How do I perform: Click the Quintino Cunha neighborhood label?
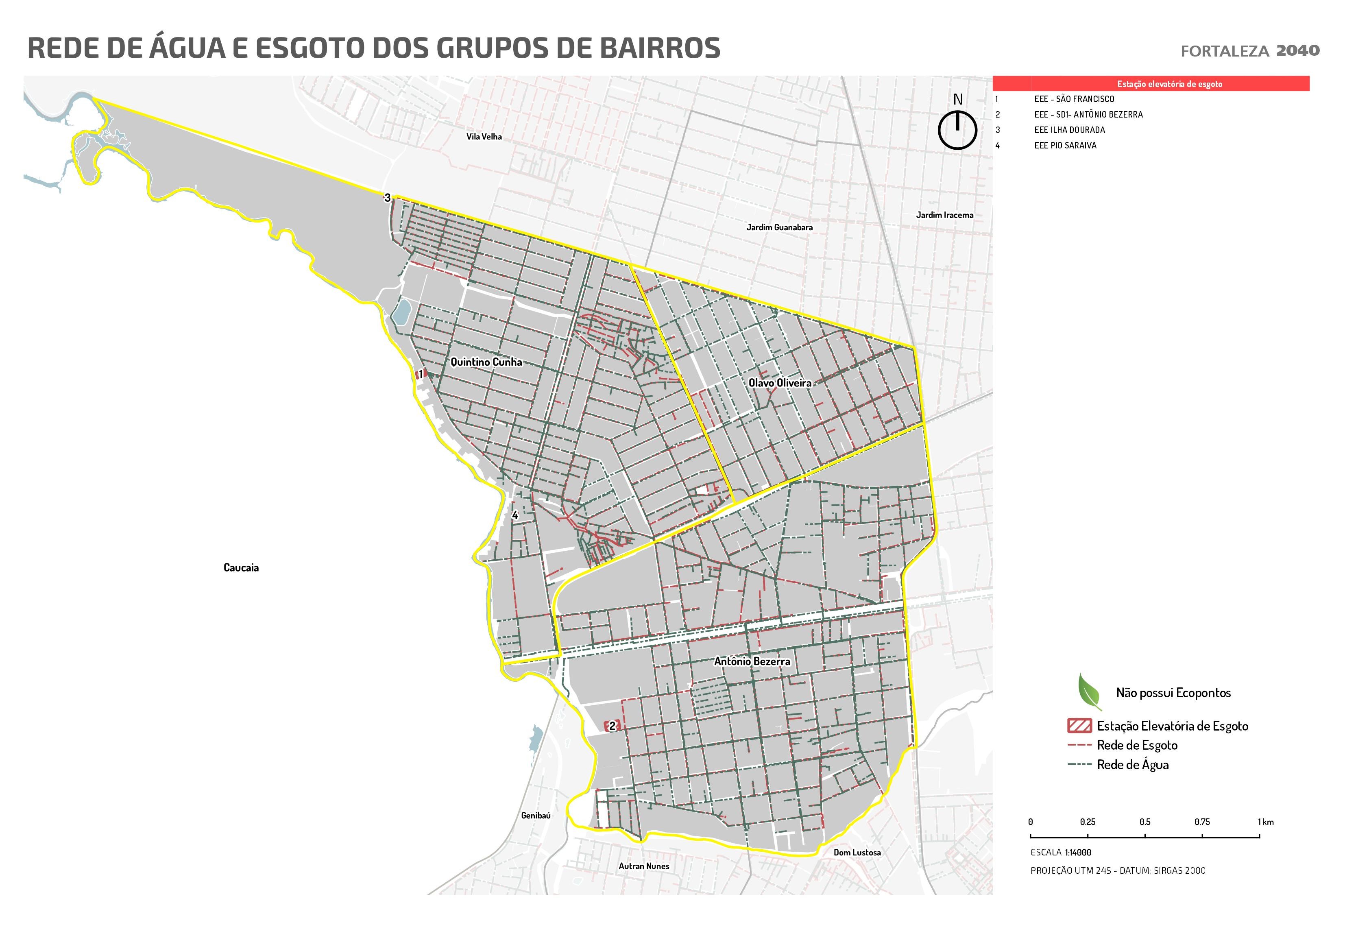tap(486, 362)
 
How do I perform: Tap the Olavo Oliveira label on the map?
tap(780, 383)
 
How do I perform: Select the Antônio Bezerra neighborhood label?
tap(752, 661)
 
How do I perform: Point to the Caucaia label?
tap(241, 568)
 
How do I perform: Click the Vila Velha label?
tap(484, 137)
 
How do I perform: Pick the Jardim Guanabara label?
tap(779, 227)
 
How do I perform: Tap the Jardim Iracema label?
tap(944, 215)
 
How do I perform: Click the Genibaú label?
tap(535, 816)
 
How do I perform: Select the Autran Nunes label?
tap(644, 866)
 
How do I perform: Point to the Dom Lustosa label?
tap(857, 853)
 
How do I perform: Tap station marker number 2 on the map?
tap(612, 726)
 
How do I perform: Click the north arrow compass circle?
tap(957, 130)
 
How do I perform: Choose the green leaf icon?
tap(1089, 691)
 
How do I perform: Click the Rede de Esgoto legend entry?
tap(1136, 745)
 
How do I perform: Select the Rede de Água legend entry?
tap(1132, 765)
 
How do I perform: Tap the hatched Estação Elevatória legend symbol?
tap(1080, 726)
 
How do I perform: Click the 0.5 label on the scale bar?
tap(1144, 822)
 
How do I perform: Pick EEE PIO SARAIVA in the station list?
tap(1065, 145)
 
